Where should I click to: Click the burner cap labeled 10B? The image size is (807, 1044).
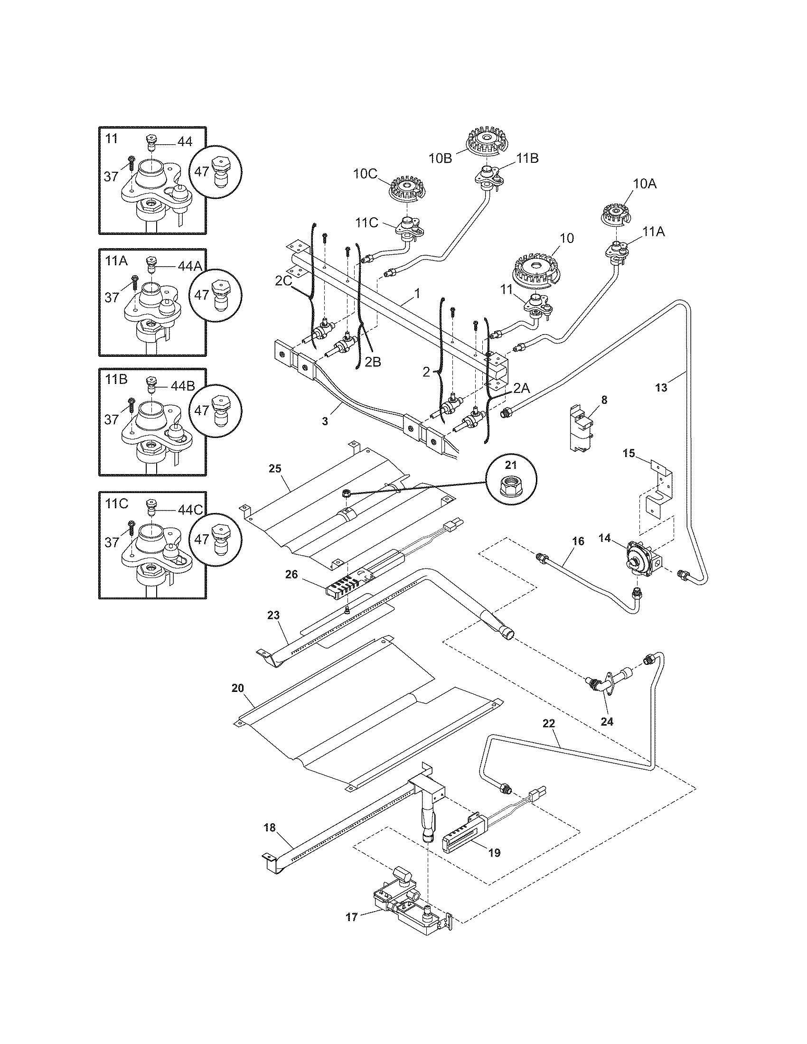[485, 141]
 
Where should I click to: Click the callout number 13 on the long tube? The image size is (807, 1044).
[661, 388]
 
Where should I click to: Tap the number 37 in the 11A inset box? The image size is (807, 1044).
[112, 298]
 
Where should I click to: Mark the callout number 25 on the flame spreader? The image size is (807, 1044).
[275, 468]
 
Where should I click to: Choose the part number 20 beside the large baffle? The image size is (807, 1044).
[238, 689]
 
